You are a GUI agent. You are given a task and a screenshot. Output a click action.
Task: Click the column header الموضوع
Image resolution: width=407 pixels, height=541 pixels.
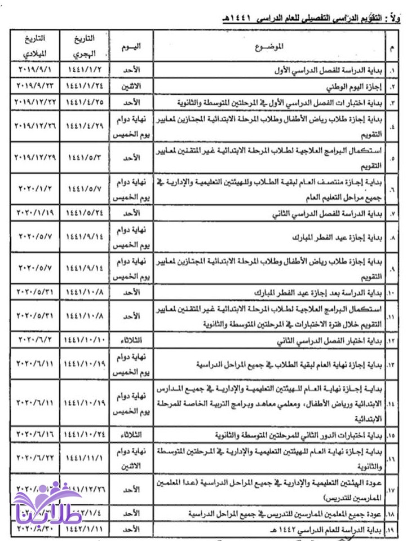[x=272, y=45]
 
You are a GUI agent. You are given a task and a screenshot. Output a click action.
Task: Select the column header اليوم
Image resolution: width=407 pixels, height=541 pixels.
[x=131, y=45]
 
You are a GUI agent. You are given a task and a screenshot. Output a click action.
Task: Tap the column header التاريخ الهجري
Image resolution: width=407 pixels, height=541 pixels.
[x=85, y=46]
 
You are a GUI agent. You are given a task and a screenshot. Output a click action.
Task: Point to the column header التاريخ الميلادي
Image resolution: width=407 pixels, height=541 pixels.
[x=34, y=46]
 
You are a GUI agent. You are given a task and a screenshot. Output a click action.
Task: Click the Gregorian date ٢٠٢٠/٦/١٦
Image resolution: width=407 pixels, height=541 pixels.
[x=34, y=436]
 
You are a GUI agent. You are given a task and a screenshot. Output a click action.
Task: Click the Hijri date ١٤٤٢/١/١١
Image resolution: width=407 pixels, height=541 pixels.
[x=85, y=530]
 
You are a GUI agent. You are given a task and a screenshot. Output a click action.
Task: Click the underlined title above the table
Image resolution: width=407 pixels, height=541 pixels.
[x=310, y=20]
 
